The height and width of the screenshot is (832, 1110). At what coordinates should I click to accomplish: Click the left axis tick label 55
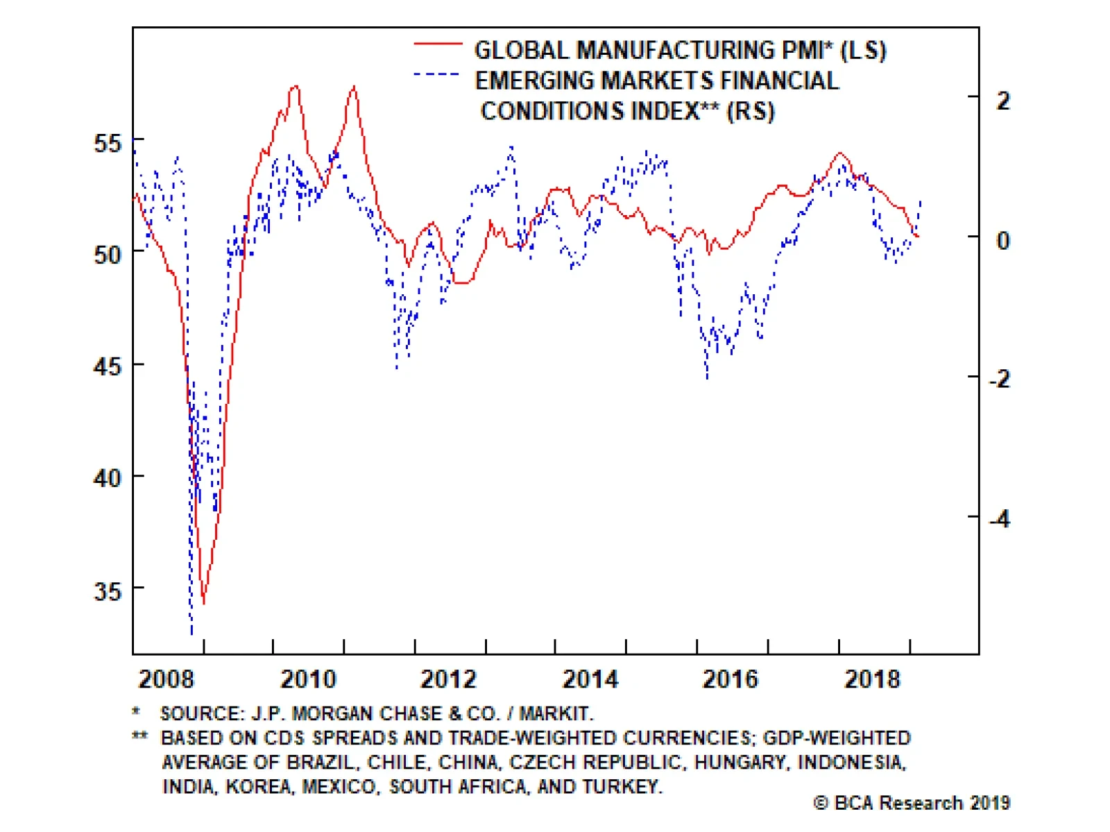click(x=107, y=144)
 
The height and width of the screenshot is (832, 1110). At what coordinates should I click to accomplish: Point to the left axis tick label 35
click(x=107, y=591)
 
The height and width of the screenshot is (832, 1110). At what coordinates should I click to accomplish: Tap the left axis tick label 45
click(x=107, y=366)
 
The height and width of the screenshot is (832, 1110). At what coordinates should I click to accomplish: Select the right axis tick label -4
click(x=999, y=518)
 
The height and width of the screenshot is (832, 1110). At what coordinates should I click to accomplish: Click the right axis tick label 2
click(x=1003, y=101)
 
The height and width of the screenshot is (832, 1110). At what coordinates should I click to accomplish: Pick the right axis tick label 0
click(x=1003, y=241)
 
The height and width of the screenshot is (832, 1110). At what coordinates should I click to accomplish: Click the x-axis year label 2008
click(x=166, y=679)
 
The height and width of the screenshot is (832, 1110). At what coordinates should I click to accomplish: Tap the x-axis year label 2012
click(x=448, y=679)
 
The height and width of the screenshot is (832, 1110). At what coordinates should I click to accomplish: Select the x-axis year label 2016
click(x=730, y=679)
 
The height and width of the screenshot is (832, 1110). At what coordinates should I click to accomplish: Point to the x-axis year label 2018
click(x=871, y=679)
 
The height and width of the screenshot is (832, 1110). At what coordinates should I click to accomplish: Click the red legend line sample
click(x=438, y=44)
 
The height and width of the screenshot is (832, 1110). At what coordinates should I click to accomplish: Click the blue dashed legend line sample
click(x=436, y=74)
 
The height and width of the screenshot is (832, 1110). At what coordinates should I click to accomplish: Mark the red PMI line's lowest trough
click(x=203, y=602)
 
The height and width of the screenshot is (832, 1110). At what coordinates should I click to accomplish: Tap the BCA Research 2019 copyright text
click(x=912, y=803)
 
